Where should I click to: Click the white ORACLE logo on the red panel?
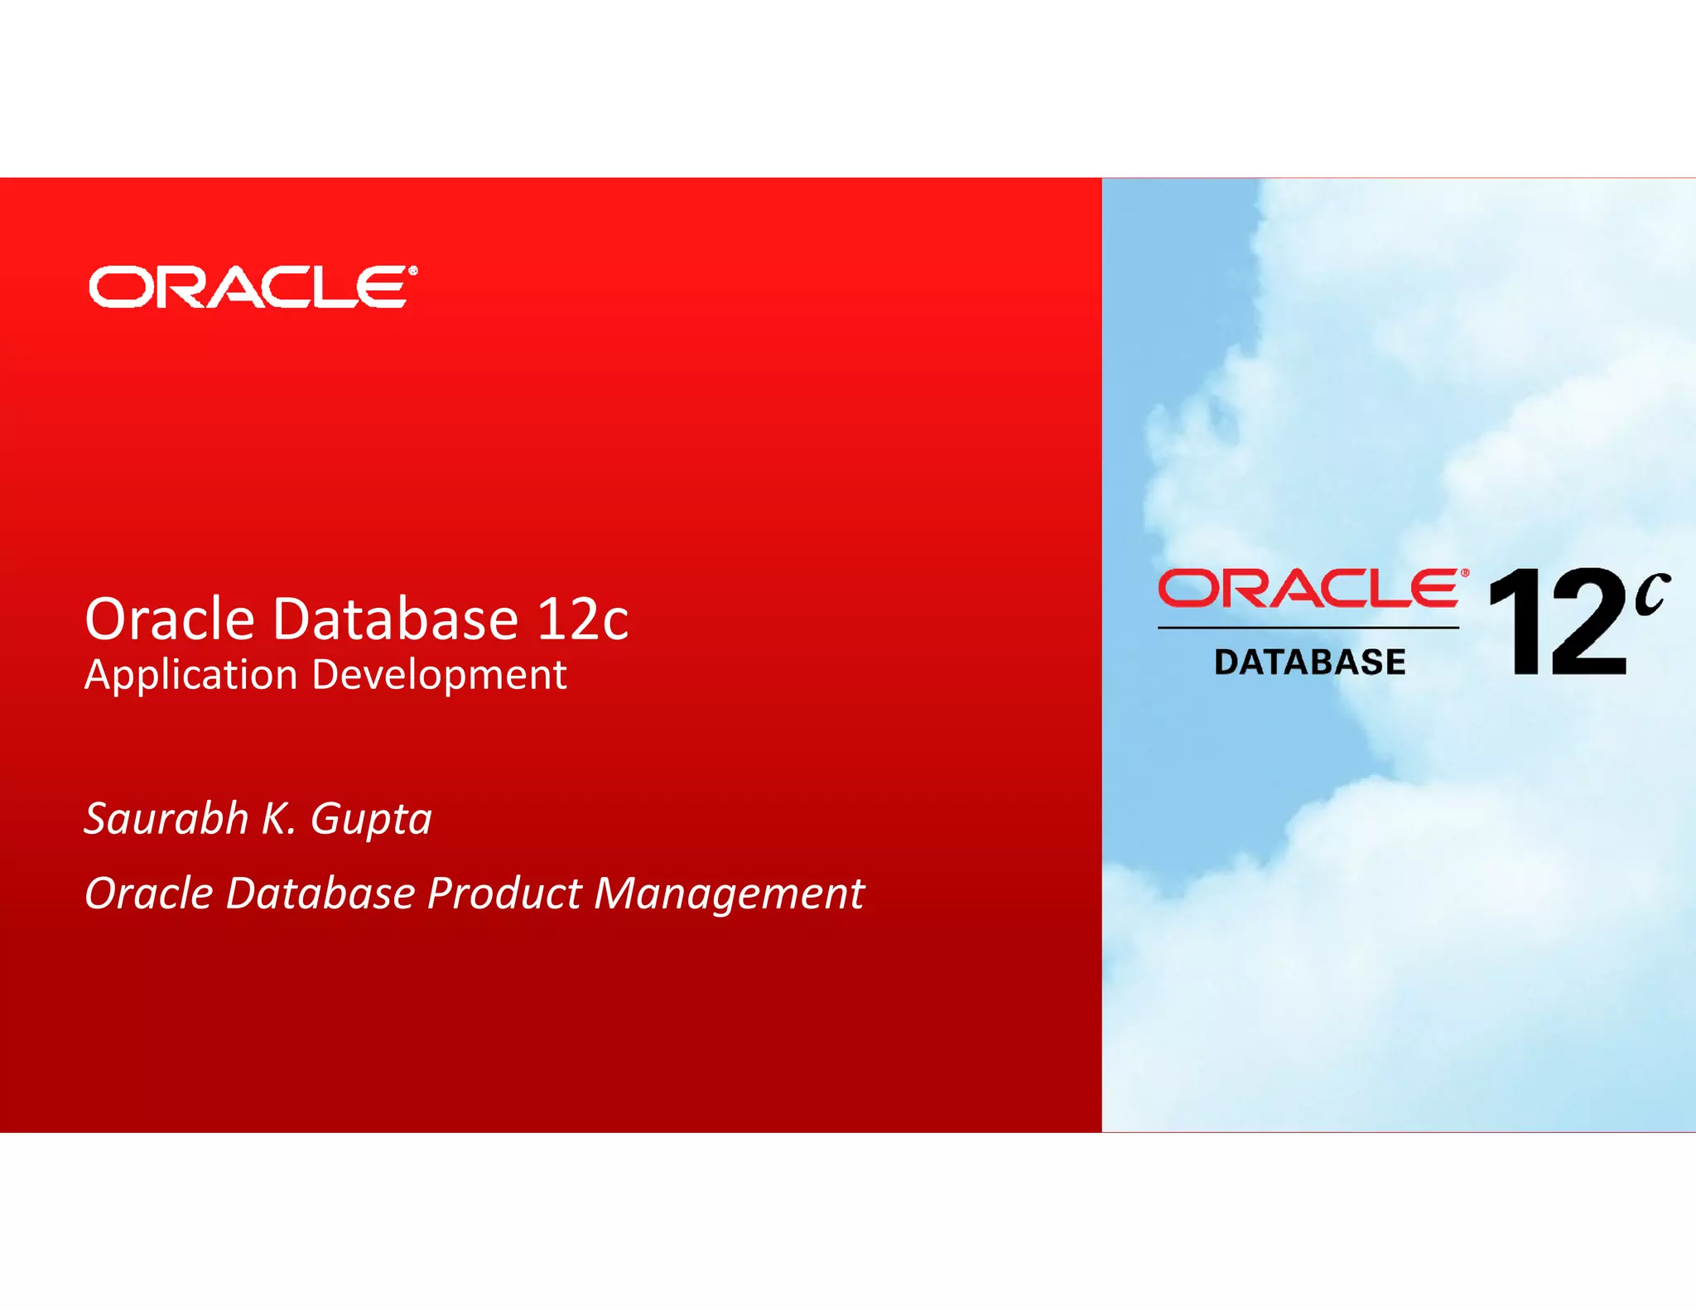click(x=248, y=287)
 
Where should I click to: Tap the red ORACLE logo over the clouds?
click(x=1308, y=588)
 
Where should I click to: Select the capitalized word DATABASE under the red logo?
click(x=1309, y=662)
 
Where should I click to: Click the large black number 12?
click(x=1558, y=622)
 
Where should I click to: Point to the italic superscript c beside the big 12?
click(x=1651, y=595)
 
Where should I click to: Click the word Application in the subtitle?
click(x=190, y=676)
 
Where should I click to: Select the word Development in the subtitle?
click(x=439, y=676)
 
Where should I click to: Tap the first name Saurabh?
click(x=166, y=819)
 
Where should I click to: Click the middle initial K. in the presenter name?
click(x=278, y=819)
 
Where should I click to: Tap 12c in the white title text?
click(x=582, y=619)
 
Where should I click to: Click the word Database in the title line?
click(x=396, y=619)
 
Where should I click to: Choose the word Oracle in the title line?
click(x=170, y=619)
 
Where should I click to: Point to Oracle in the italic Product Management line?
click(x=149, y=894)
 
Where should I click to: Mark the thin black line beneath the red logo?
click(x=1308, y=628)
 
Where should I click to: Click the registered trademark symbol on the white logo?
click(x=412, y=270)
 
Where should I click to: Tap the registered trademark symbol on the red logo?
click(x=1465, y=572)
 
